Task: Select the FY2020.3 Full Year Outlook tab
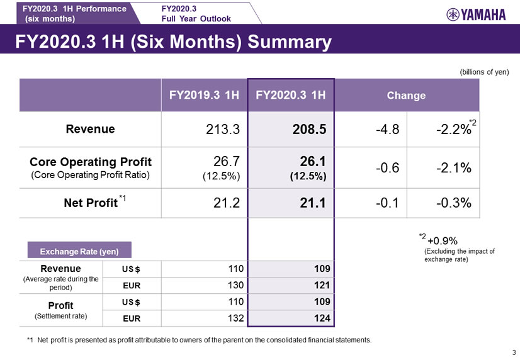click(196, 13)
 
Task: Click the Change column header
click(406, 96)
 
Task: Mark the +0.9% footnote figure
click(442, 240)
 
